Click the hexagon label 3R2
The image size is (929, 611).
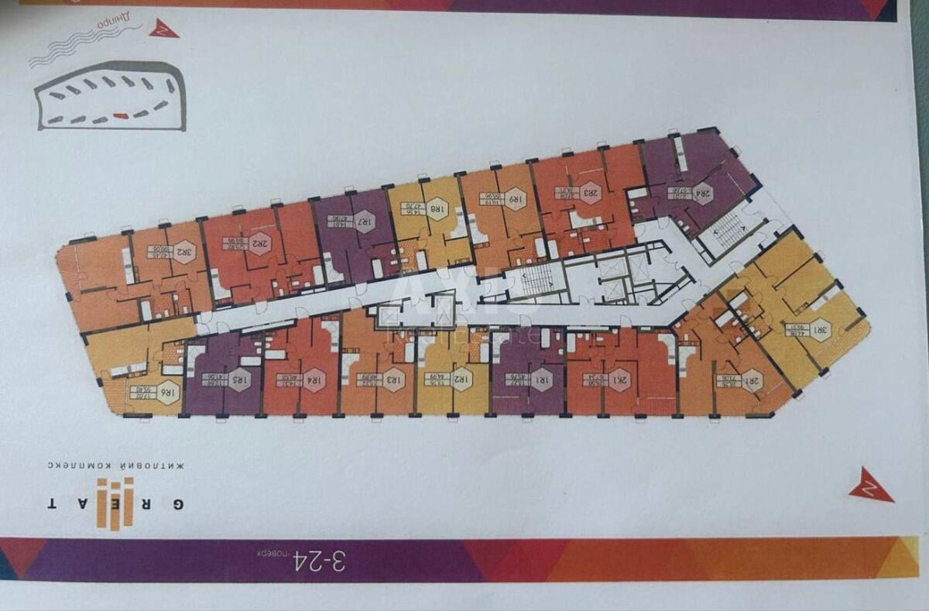coord(184,252)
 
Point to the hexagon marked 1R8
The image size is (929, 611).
coord(437,208)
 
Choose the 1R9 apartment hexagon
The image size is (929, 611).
coord(514,199)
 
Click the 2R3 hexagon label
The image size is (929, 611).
coord(591,193)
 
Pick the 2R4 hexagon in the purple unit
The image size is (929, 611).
coord(701,193)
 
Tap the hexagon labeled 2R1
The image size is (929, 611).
coord(751,380)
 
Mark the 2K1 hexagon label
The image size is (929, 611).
coord(621,379)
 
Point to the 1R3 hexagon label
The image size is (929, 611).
coord(393,379)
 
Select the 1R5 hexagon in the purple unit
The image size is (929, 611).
coord(238,380)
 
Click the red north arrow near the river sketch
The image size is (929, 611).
coord(163,29)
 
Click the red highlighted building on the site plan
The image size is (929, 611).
coord(121,116)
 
